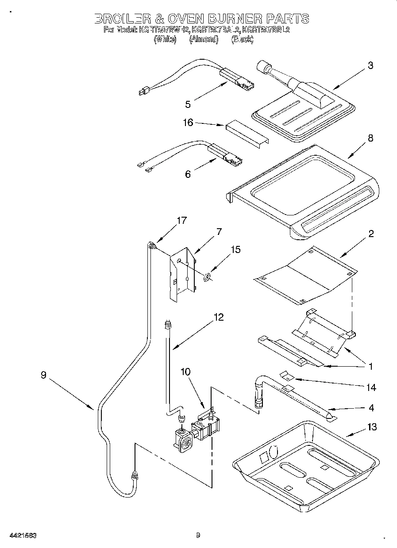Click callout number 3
(x=370, y=65)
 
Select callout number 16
(x=189, y=123)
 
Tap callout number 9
(x=43, y=375)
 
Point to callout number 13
(x=372, y=427)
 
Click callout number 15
(x=235, y=250)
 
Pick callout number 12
(x=218, y=317)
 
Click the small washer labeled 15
(x=206, y=278)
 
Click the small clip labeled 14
(x=288, y=376)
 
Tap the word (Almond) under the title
(x=204, y=39)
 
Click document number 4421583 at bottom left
(x=22, y=535)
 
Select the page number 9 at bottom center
(x=198, y=535)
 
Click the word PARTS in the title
(x=288, y=19)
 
